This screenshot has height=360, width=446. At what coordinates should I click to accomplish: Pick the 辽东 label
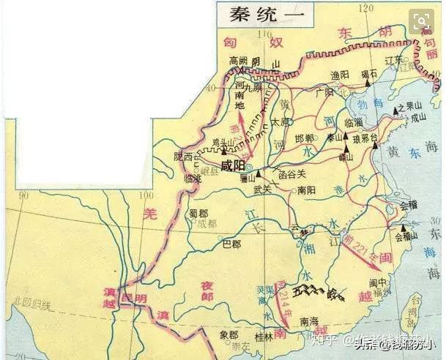(x=395, y=60)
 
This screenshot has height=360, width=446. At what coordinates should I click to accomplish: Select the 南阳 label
(x=307, y=189)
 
